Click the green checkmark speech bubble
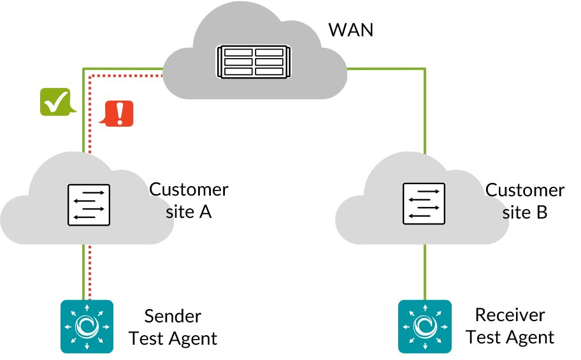click(56, 102)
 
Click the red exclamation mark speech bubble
click(119, 113)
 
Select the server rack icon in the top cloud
click(254, 62)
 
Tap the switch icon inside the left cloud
click(89, 205)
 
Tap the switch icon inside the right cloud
click(424, 204)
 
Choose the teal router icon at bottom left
click(87, 326)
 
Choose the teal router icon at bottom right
click(425, 326)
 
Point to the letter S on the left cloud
click(169, 214)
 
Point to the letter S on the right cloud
click(506, 215)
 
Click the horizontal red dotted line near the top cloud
click(127, 76)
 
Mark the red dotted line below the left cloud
click(90, 271)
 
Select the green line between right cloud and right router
click(425, 271)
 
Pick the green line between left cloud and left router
click(83, 271)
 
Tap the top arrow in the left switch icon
click(93, 192)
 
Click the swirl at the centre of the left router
click(87, 327)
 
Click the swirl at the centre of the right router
click(425, 327)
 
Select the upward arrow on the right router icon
click(425, 308)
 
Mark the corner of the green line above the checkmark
click(83, 68)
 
